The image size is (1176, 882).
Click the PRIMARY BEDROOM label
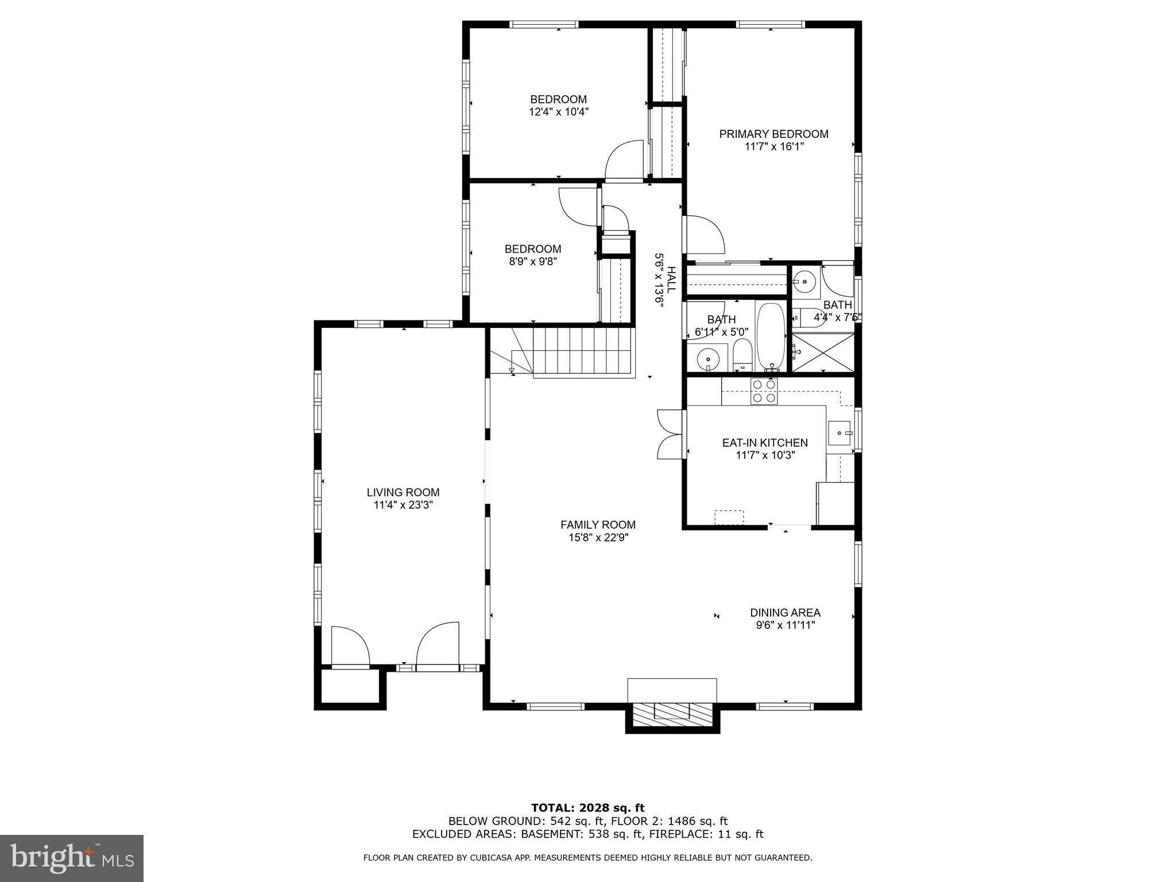pos(773,134)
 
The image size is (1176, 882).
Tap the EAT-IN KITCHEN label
pos(764,443)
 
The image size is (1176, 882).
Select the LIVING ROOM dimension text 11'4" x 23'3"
pos(403,505)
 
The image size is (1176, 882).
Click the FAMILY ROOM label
pos(598,524)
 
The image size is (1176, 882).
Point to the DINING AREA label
pos(785,613)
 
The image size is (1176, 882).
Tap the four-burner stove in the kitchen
pos(764,391)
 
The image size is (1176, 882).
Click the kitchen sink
pos(839,432)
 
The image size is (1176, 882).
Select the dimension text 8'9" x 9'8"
pos(532,261)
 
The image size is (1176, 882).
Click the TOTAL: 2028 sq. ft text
pos(587,808)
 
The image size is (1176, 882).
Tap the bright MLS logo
pos(72,858)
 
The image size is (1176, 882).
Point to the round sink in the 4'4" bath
pos(805,282)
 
